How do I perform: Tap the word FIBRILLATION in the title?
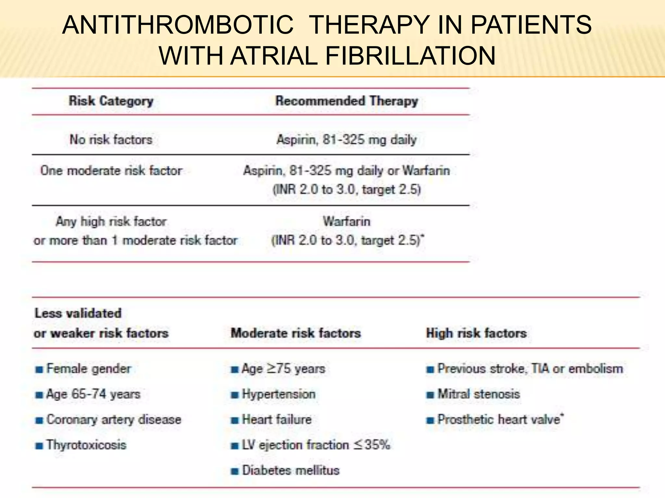(410, 56)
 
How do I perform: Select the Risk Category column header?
(111, 101)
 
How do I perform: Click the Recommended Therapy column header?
(346, 101)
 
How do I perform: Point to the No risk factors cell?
(111, 140)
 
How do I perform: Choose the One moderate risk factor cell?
(111, 171)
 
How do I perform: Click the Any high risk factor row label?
(111, 221)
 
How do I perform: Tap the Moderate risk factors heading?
(295, 333)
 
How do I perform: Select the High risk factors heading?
(476, 333)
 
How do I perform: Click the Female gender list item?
(89, 369)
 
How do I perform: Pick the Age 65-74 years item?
(93, 394)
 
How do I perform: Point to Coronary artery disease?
(114, 420)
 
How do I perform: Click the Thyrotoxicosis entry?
(86, 445)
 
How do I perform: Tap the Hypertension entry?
(279, 394)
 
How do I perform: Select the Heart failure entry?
(277, 420)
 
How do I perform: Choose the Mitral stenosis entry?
(479, 394)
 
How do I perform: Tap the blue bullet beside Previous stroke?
(430, 370)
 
